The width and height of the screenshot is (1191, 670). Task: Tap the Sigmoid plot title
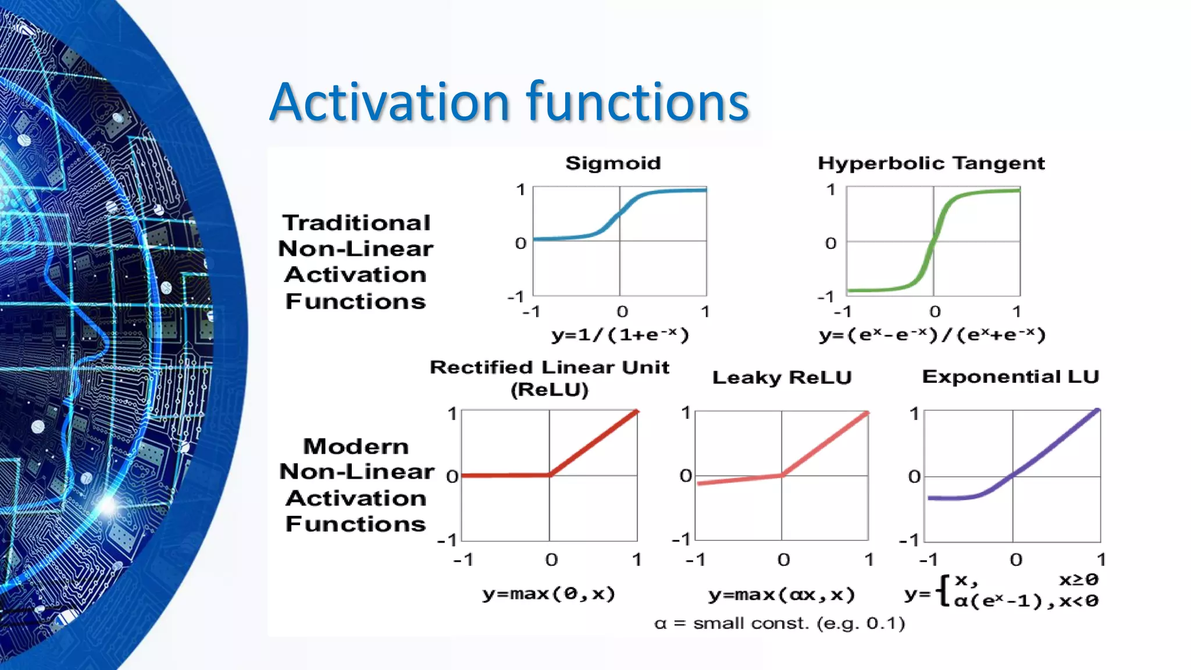tap(613, 163)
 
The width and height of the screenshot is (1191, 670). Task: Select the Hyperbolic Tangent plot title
tap(931, 163)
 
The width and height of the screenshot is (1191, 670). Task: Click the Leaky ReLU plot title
tap(782, 377)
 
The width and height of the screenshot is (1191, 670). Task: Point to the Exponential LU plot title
tap(1010, 376)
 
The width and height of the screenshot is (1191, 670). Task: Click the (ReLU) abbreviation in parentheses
tap(550, 389)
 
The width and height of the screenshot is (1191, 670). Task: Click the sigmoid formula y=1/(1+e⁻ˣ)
tap(620, 334)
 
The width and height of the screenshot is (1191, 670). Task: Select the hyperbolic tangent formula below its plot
tap(932, 334)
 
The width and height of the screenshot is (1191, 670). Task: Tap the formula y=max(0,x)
tap(548, 594)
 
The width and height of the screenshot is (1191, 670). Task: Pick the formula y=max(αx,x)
tap(782, 594)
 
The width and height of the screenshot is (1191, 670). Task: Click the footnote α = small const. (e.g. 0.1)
tap(779, 623)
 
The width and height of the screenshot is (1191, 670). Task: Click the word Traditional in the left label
tap(356, 223)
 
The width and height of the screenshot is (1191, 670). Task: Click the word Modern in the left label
tap(356, 446)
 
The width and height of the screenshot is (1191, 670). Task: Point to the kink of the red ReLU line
tap(550, 475)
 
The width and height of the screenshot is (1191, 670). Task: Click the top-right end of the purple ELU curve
tap(1097, 411)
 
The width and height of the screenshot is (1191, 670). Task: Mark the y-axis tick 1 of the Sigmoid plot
tap(520, 190)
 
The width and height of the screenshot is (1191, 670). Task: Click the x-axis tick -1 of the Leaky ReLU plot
tap(696, 559)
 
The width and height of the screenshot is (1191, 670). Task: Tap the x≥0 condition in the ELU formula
tap(1078, 579)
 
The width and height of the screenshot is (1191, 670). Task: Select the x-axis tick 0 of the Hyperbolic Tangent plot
tap(935, 312)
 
